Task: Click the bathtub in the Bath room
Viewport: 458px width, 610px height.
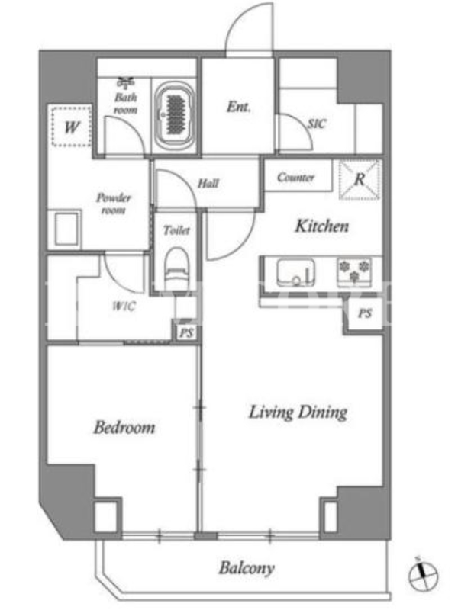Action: (x=175, y=115)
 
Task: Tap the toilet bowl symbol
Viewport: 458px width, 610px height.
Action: (x=176, y=268)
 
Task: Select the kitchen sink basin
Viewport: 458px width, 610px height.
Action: (x=295, y=272)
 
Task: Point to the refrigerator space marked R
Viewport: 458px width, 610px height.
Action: (x=359, y=179)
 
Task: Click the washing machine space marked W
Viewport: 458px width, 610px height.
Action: (x=72, y=126)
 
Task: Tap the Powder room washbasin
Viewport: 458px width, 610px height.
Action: (x=66, y=228)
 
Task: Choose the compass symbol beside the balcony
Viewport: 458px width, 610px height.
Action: (x=423, y=576)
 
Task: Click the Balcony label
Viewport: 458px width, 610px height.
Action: (x=247, y=568)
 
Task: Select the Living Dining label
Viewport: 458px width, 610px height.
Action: (x=298, y=413)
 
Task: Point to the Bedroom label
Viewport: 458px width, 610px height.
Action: (x=124, y=427)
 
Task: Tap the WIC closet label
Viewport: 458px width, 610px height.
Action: (x=124, y=307)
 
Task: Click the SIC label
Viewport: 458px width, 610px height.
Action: (x=317, y=124)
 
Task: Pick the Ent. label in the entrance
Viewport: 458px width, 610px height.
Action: (x=239, y=107)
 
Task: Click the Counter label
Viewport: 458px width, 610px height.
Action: (x=295, y=178)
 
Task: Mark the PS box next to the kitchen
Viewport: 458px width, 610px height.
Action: (x=365, y=313)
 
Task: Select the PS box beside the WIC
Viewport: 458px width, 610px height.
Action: (x=186, y=333)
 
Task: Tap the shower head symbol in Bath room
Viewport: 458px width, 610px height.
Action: (x=125, y=83)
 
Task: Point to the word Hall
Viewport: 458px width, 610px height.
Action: (x=208, y=183)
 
